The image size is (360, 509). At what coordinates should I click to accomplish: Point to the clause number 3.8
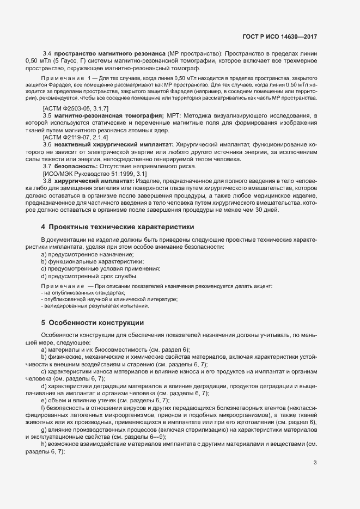[x=47, y=180]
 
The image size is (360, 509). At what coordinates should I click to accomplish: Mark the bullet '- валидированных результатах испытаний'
[x=87, y=306]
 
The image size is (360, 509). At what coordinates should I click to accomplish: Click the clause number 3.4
[x=47, y=53]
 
